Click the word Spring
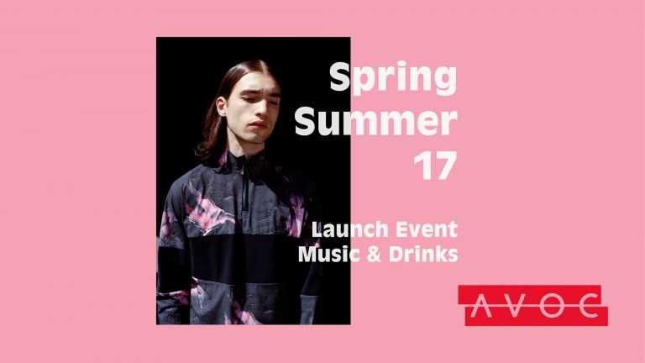coord(392,79)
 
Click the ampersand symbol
coord(373,254)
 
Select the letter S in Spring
coord(339,77)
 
